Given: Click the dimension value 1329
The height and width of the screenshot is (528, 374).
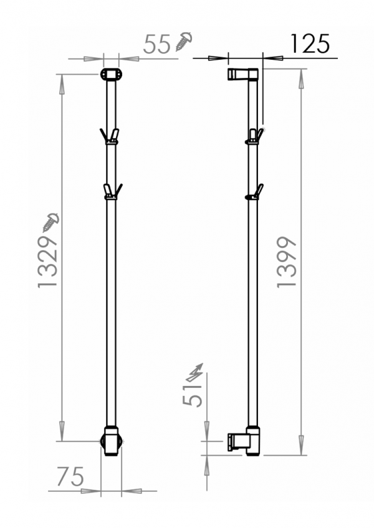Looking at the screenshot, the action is coord(48,262).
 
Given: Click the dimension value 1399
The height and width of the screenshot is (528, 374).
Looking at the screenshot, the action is coord(287,262).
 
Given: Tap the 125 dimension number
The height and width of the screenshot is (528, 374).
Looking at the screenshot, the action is coord(310,44).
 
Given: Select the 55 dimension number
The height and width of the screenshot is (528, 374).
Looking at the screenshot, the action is coord(157,44).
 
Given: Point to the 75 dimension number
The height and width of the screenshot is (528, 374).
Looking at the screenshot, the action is coord(70,476).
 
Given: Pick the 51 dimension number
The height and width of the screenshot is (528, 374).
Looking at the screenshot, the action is coord(192,395).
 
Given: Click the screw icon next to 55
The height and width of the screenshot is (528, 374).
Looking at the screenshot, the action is coord(184,41).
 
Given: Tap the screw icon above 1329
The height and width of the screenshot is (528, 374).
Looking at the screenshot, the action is coord(51,222).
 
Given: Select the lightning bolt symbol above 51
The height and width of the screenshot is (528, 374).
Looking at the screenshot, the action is coord(194,373).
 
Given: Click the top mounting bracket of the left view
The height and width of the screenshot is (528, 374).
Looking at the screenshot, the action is coord(111,74).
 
